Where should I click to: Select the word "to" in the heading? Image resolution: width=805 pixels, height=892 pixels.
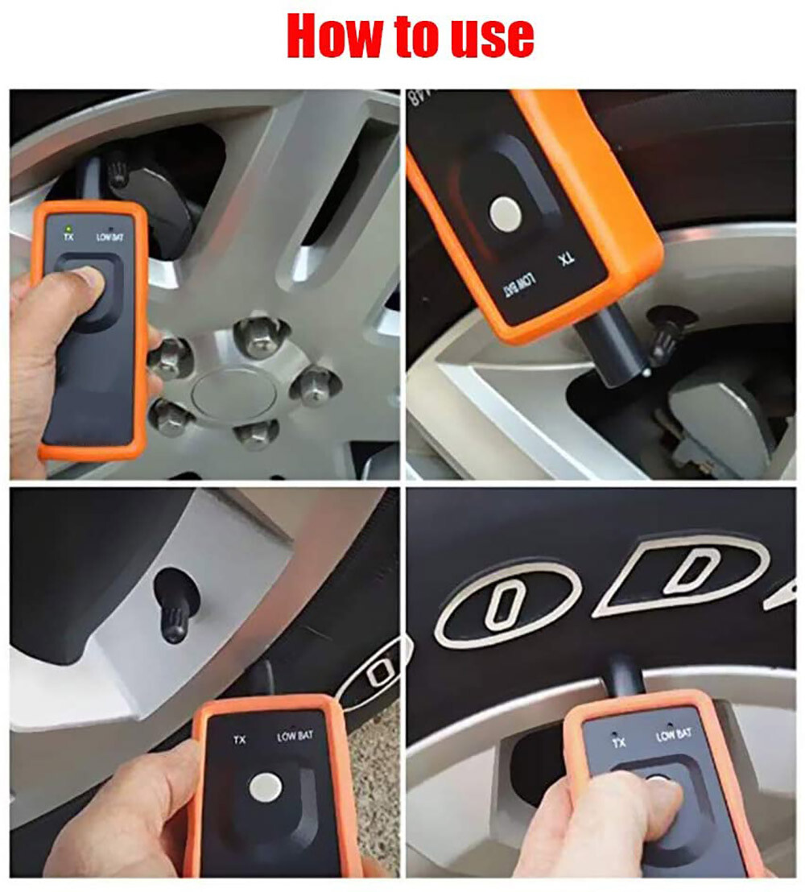pos(412,36)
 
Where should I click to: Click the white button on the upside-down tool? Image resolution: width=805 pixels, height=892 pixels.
pos(505,213)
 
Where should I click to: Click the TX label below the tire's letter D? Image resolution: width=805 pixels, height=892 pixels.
pos(618,741)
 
